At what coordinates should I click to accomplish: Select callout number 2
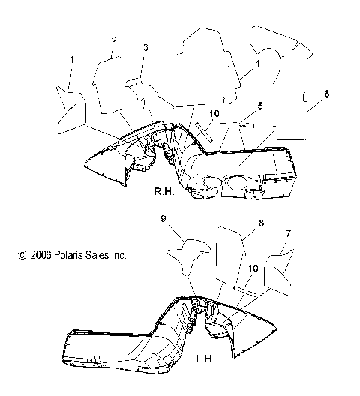(114, 40)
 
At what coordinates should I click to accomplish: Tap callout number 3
(145, 48)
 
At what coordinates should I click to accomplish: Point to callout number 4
(256, 64)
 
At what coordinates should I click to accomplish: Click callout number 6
(326, 94)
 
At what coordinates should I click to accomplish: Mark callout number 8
(261, 223)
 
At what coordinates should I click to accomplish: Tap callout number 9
(162, 219)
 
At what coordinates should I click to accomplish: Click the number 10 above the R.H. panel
(214, 113)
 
